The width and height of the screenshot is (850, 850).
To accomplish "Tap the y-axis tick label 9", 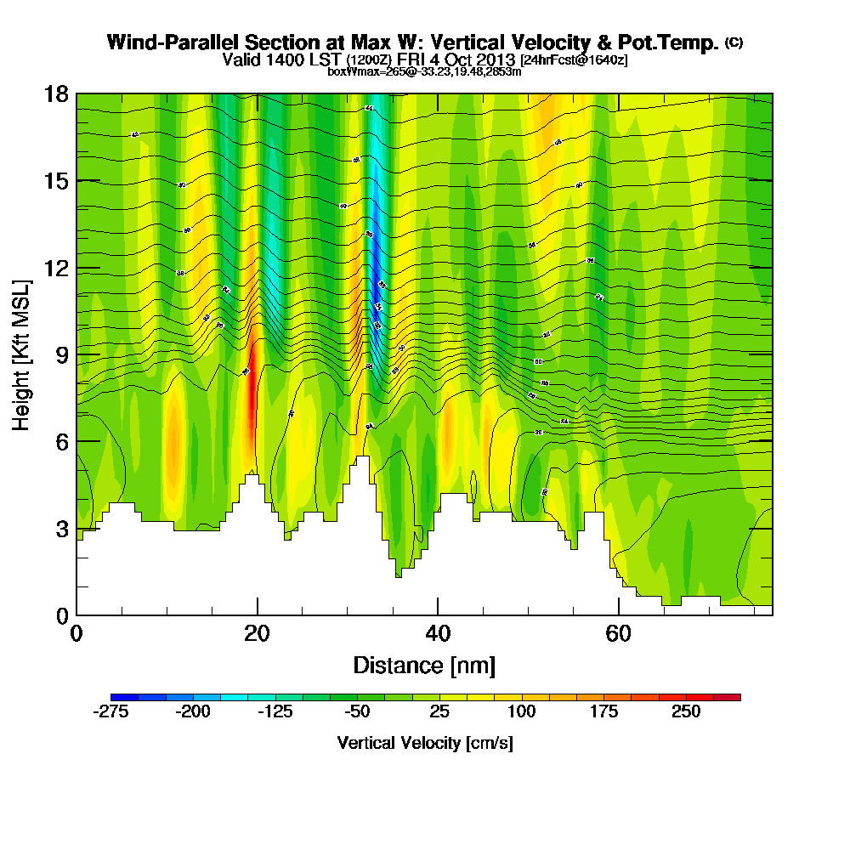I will coord(61,354).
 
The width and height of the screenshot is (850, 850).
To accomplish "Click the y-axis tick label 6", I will coord(61,441).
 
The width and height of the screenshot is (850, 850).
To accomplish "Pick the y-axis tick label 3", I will coord(61,529).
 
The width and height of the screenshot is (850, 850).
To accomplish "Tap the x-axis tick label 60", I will coord(618,634).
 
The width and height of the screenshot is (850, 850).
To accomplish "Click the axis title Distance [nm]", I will coord(424,665).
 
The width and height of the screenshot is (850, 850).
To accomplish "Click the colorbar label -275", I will coord(110,712).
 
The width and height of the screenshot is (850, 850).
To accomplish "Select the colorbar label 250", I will coord(686,712).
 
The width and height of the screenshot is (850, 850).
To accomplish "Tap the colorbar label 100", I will coord(521,712).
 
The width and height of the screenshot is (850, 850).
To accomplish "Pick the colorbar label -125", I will coord(274,712).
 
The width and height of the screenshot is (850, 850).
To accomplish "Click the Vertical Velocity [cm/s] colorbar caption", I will coord(425,743).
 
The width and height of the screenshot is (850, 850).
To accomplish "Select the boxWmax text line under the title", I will coord(424,71).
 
